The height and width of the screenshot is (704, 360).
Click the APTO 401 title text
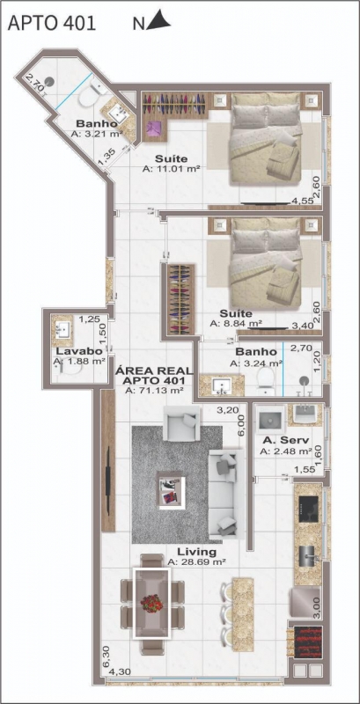[x=52, y=24]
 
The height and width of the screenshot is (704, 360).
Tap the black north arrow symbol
[x=158, y=21]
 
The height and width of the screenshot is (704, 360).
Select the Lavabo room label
[x=74, y=351]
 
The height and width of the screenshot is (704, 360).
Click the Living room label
[x=196, y=552]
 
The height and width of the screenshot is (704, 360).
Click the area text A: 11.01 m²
[x=171, y=168]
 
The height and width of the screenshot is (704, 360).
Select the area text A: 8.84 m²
[x=236, y=323]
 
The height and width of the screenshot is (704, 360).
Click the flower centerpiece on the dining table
[x=151, y=603]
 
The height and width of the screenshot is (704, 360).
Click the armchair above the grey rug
[x=182, y=423]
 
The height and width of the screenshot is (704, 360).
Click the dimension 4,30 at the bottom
[x=119, y=672]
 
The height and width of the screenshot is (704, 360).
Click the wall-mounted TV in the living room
[x=108, y=480]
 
